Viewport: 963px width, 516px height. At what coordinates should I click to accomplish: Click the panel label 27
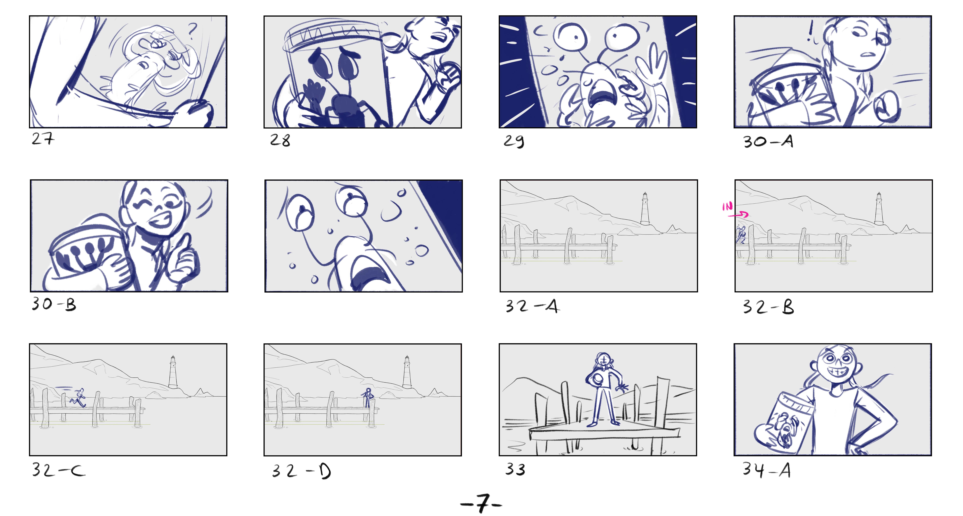tap(43, 139)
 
